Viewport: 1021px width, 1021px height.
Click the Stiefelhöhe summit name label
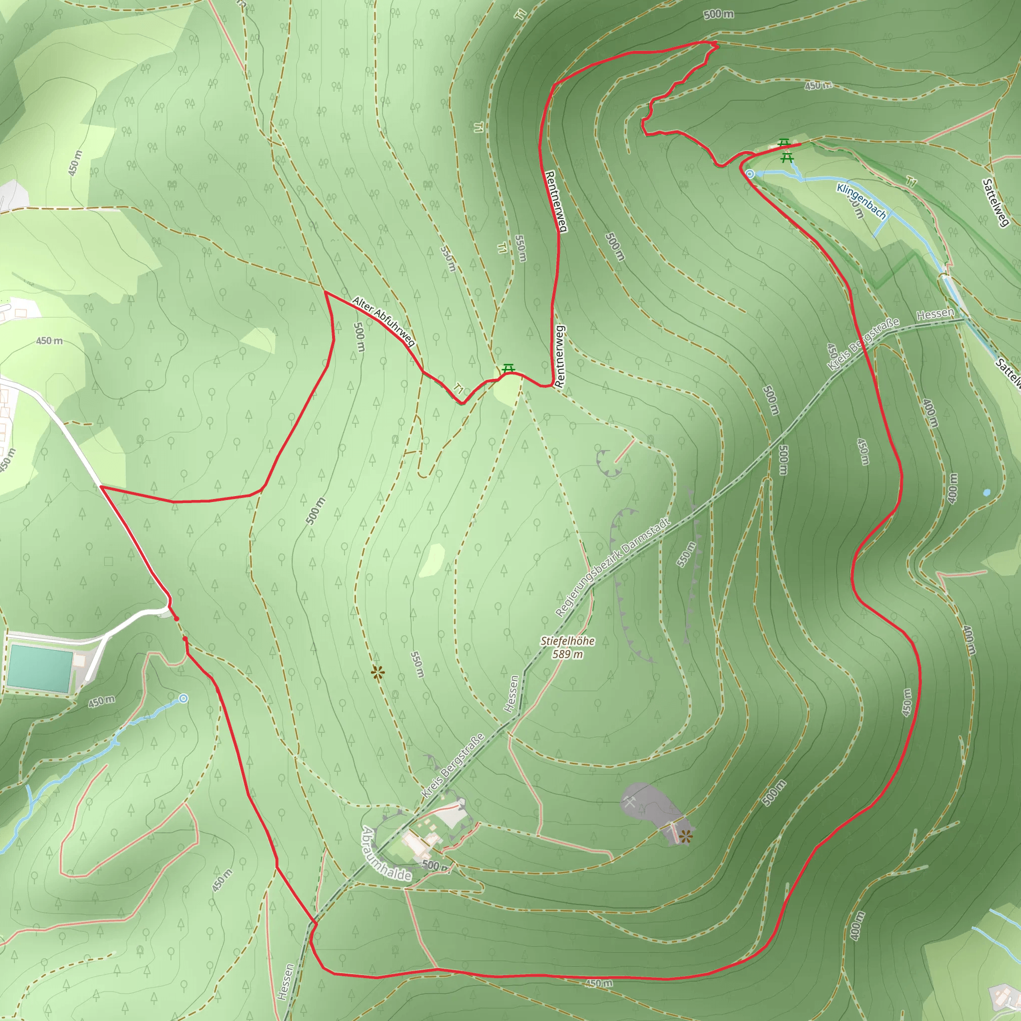567,641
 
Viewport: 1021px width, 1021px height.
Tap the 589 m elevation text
567,654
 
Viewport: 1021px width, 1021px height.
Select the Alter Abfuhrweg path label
384,321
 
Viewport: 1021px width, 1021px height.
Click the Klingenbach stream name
861,201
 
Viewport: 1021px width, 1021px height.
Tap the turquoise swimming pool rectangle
40,668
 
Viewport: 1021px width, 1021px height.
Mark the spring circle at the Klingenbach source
749,173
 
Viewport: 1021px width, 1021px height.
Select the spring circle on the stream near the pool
183,698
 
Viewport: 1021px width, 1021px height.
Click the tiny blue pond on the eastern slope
986,493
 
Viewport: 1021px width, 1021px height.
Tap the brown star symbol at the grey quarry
686,836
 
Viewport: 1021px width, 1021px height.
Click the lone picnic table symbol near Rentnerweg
509,368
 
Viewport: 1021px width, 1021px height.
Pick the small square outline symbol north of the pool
108,561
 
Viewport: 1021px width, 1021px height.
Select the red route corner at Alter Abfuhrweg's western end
325,292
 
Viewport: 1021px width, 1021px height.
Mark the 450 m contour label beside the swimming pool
102,701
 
